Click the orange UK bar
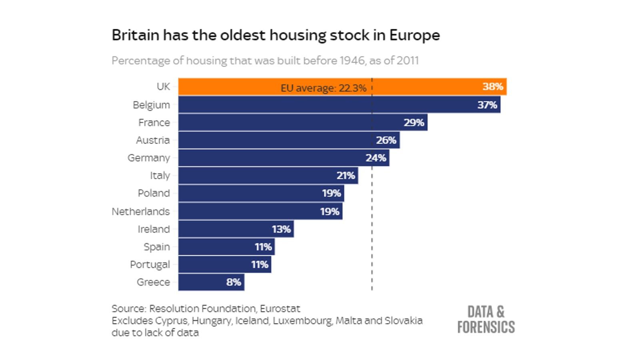click(x=420, y=86)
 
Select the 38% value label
click(x=492, y=86)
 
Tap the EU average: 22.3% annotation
click(x=323, y=88)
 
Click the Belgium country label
click(x=151, y=105)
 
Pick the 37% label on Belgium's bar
click(x=487, y=105)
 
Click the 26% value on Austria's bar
click(x=386, y=140)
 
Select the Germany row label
click(x=149, y=158)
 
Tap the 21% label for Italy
click(x=346, y=175)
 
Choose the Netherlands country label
click(x=140, y=211)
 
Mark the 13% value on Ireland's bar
click(x=281, y=229)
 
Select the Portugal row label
click(x=150, y=264)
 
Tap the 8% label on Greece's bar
click(x=234, y=282)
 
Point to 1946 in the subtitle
click(x=352, y=60)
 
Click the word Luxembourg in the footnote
click(x=302, y=320)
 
